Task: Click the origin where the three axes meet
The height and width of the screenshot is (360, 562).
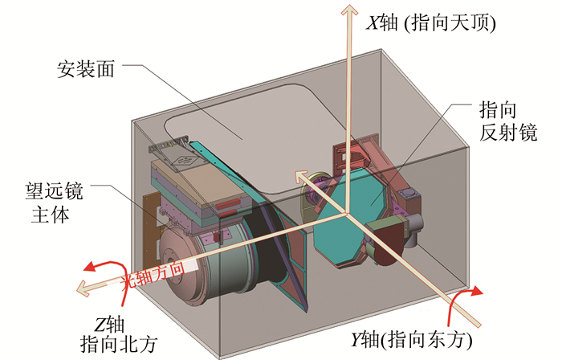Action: tap(347, 213)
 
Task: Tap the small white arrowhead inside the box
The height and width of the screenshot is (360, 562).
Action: tap(299, 175)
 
